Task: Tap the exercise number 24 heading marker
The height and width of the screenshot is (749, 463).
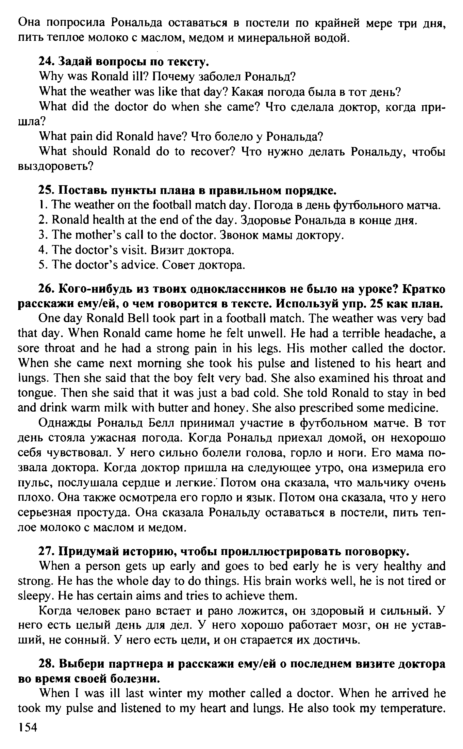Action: [45, 61]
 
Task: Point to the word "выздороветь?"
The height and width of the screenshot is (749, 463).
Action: [56, 167]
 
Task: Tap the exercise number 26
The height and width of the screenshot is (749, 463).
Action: [46, 289]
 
